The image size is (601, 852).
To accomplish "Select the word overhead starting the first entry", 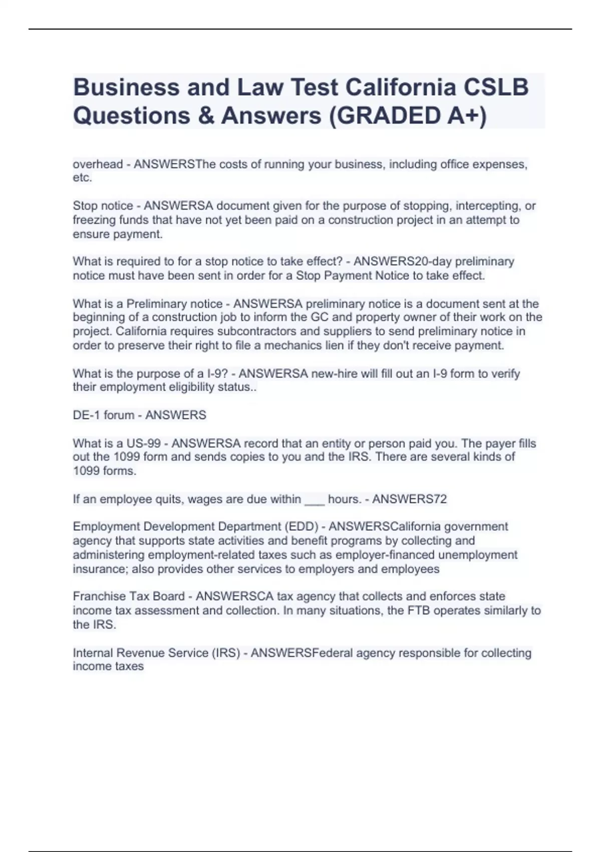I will click(x=98, y=164).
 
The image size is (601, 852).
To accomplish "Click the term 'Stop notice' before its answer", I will click(x=103, y=205).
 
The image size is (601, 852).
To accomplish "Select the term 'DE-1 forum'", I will click(x=103, y=415).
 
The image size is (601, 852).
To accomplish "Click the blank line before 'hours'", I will click(x=314, y=500).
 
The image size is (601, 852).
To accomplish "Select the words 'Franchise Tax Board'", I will click(x=129, y=596).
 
